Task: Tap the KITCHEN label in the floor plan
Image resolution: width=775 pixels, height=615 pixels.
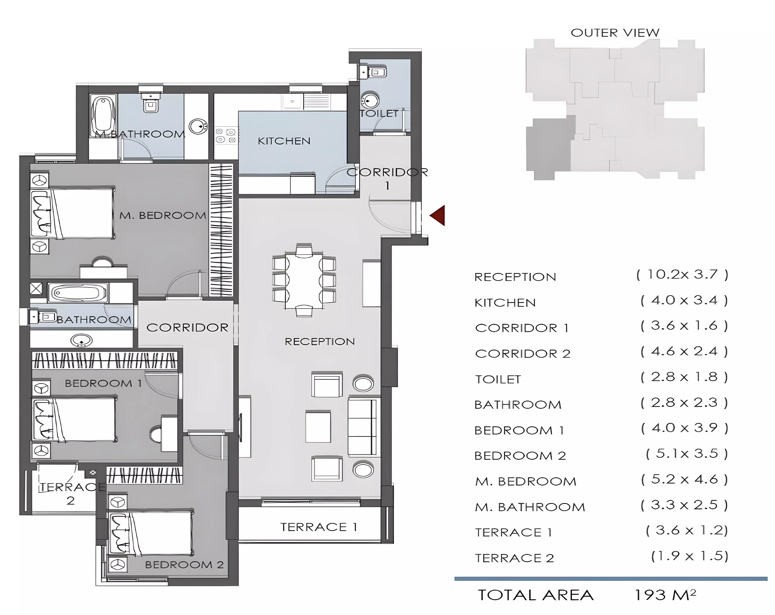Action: [x=284, y=141]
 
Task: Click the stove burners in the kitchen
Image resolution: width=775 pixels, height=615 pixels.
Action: [x=226, y=136]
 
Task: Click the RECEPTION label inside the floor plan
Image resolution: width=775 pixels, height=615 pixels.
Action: [x=320, y=341]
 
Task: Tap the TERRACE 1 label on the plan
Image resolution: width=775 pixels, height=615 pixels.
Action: [x=318, y=527]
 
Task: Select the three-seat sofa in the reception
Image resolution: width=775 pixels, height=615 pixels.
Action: [x=364, y=427]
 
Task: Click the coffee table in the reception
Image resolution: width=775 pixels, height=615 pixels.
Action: [x=318, y=427]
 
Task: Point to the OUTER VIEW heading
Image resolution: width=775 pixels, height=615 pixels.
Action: [x=615, y=33]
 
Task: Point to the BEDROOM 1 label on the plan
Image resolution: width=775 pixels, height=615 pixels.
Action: [x=103, y=383]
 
